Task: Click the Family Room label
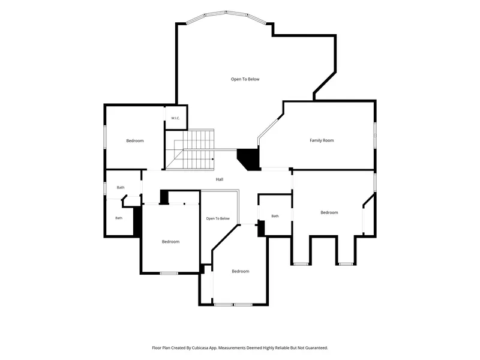(322, 140)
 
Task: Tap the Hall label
(220, 179)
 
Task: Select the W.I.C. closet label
(175, 118)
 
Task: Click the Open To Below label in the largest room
(245, 79)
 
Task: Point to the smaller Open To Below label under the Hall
(218, 218)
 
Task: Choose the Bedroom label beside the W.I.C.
(135, 141)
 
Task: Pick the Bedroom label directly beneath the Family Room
(329, 212)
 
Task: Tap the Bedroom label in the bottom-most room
(241, 271)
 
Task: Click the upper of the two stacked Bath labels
(121, 187)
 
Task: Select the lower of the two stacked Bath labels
(119, 218)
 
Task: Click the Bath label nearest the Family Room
(275, 216)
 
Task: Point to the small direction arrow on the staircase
(213, 159)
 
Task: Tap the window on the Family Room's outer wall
(375, 135)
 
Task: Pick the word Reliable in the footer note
(283, 348)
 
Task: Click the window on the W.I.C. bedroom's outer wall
(104, 137)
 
